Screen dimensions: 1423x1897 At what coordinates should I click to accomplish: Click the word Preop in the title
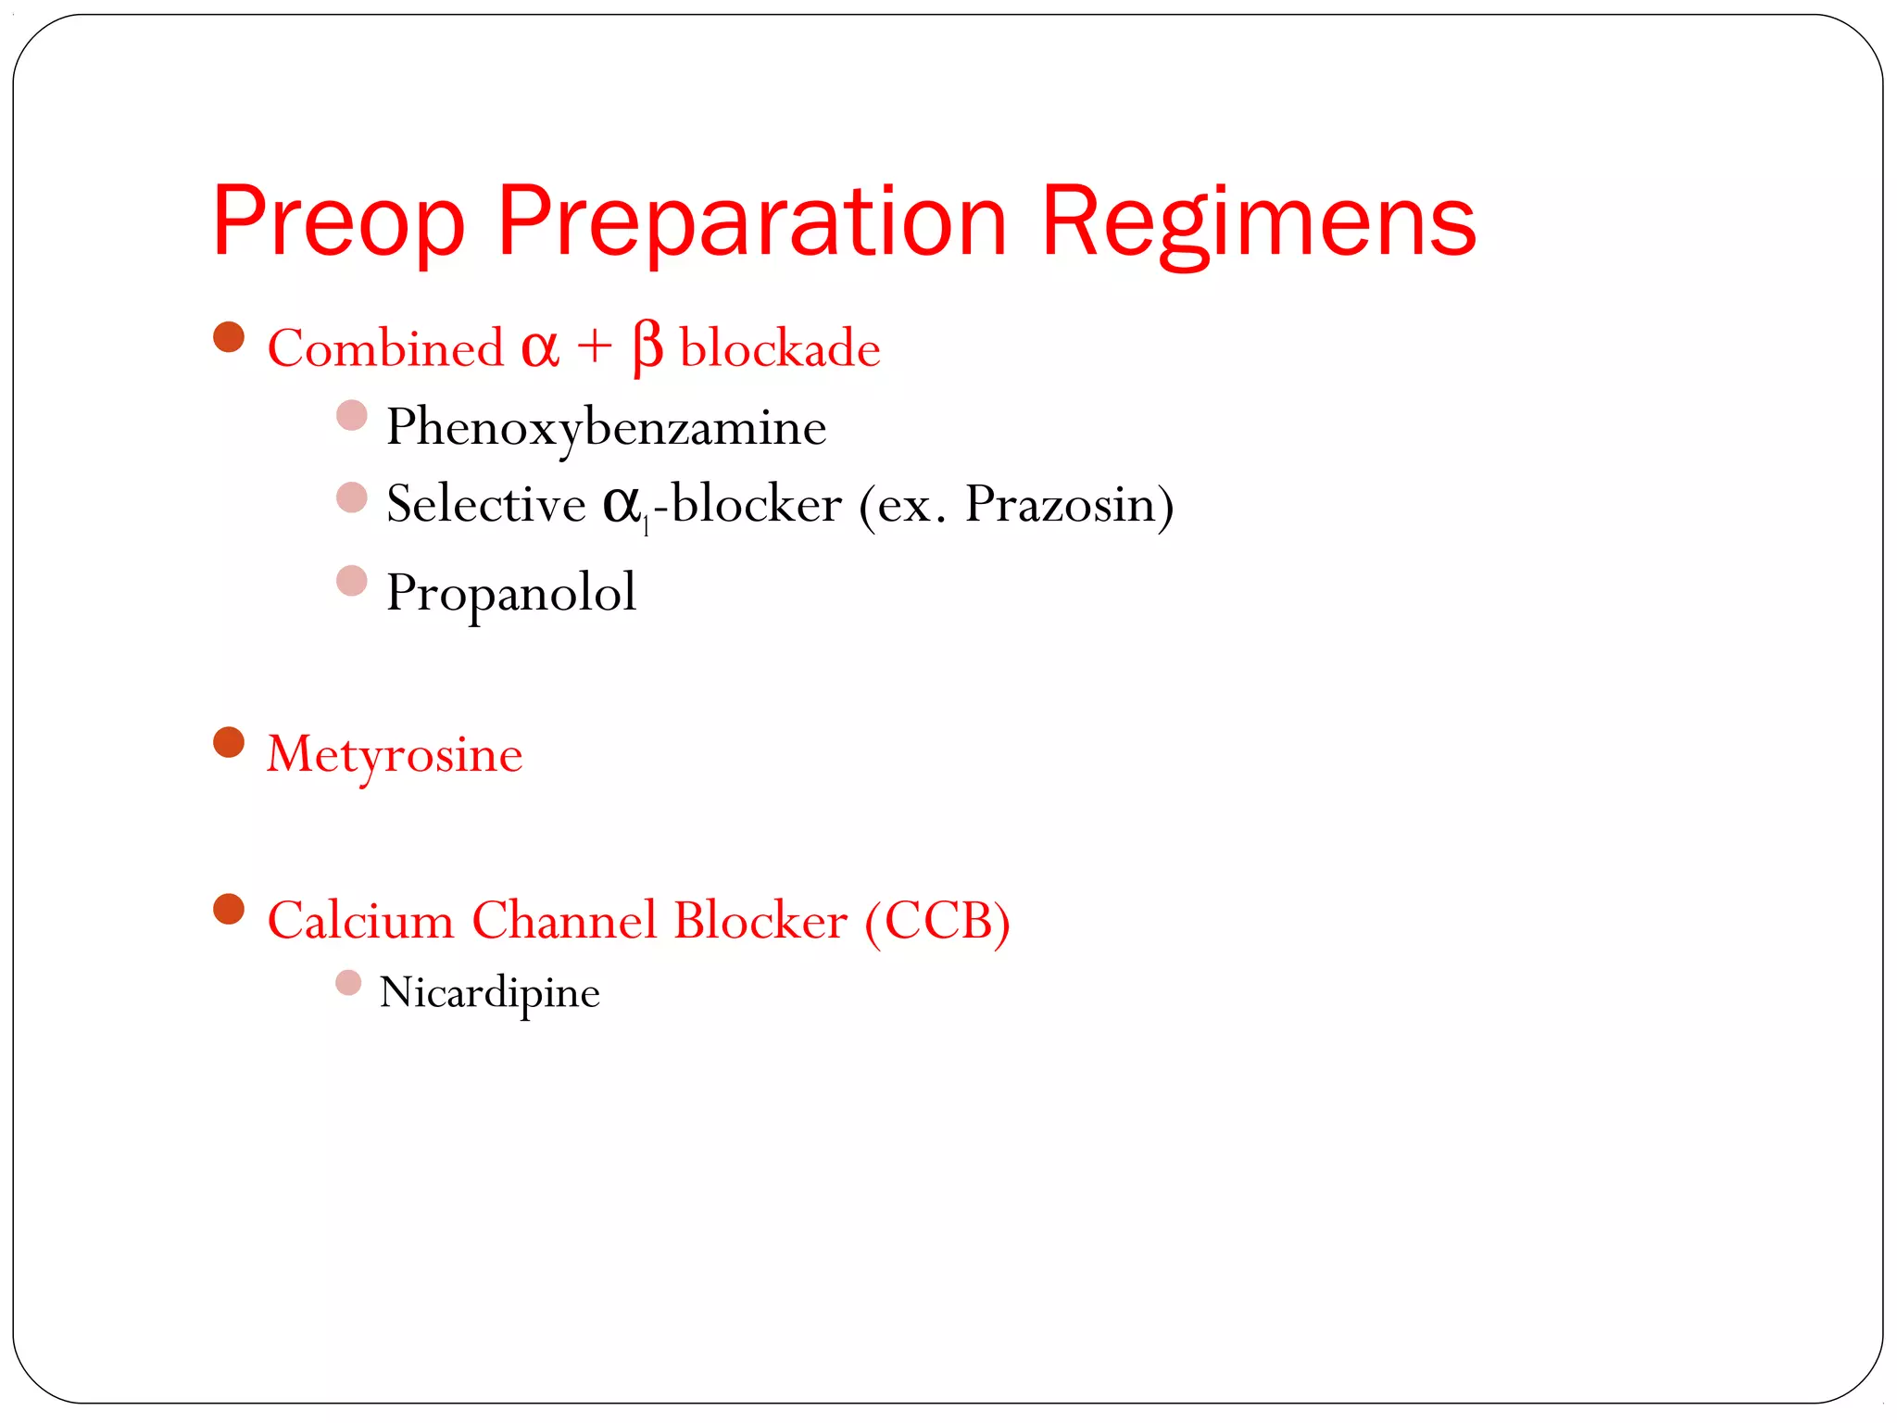pyautogui.click(x=337, y=222)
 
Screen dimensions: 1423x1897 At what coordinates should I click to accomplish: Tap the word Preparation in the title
pyautogui.click(x=751, y=222)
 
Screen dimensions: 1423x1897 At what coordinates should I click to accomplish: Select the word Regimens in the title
pyautogui.click(x=1258, y=222)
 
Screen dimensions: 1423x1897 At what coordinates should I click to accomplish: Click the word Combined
pyautogui.click(x=385, y=349)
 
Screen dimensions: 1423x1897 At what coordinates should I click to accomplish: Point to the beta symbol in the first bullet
pyautogui.click(x=647, y=348)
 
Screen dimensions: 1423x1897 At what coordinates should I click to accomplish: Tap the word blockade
pyautogui.click(x=780, y=349)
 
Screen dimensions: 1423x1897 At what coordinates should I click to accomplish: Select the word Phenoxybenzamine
pyautogui.click(x=606, y=428)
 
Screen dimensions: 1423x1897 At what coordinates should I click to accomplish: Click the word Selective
pyautogui.click(x=485, y=505)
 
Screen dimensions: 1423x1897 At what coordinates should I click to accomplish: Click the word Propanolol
pyautogui.click(x=510, y=593)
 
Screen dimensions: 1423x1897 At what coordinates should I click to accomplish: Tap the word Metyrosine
pyautogui.click(x=395, y=755)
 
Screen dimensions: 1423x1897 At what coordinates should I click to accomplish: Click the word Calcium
pyautogui.click(x=360, y=921)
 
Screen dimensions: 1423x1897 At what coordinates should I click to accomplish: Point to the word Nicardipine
pyautogui.click(x=490, y=993)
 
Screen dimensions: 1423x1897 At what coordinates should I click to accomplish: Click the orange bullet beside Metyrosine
pyautogui.click(x=229, y=742)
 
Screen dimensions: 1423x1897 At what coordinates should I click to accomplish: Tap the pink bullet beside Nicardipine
pyautogui.click(x=348, y=983)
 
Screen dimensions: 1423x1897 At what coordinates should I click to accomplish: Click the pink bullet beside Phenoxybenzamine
pyautogui.click(x=352, y=415)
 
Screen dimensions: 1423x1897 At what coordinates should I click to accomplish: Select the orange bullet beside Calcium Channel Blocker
pyautogui.click(x=229, y=909)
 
